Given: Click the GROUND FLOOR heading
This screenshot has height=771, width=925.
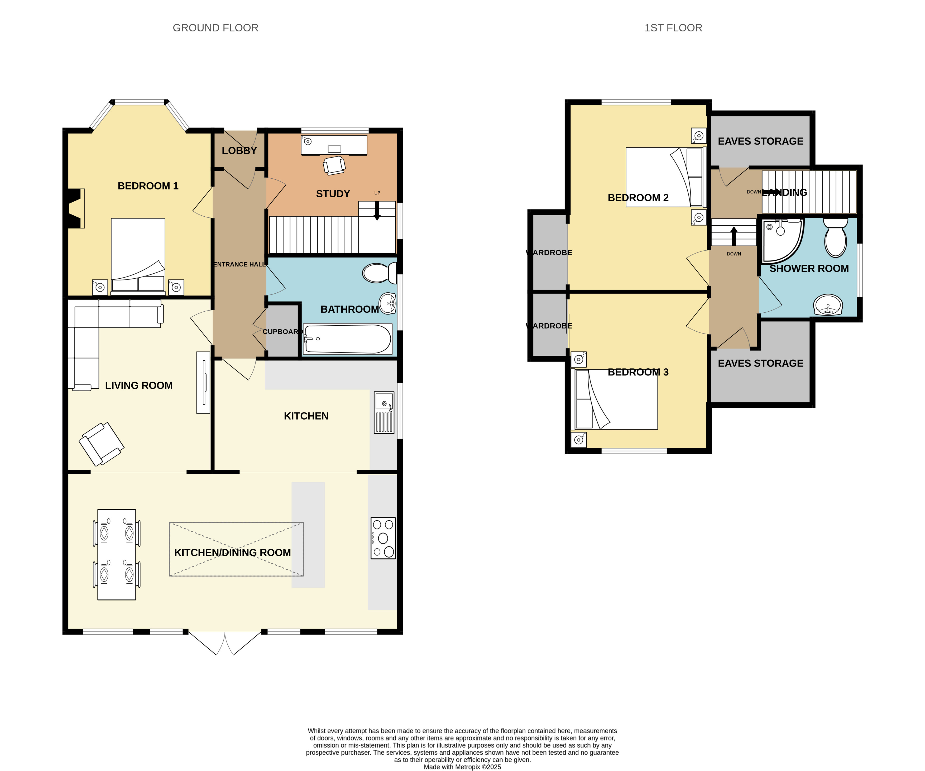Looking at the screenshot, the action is (215, 28).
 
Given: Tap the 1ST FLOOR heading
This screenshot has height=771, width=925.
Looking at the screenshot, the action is (673, 28).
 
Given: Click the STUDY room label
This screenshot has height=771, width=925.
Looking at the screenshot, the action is (333, 194).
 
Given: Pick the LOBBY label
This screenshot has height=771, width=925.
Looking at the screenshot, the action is (239, 151).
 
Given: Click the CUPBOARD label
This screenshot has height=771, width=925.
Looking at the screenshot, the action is (282, 332).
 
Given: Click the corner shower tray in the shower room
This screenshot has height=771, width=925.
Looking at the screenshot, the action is (783, 241).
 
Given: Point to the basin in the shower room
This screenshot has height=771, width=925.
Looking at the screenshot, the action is (828, 305).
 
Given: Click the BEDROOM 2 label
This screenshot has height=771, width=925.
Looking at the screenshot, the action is (638, 198).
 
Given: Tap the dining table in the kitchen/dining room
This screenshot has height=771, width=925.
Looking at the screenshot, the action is (117, 555).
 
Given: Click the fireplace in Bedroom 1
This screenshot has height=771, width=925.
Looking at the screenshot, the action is (76, 209).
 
